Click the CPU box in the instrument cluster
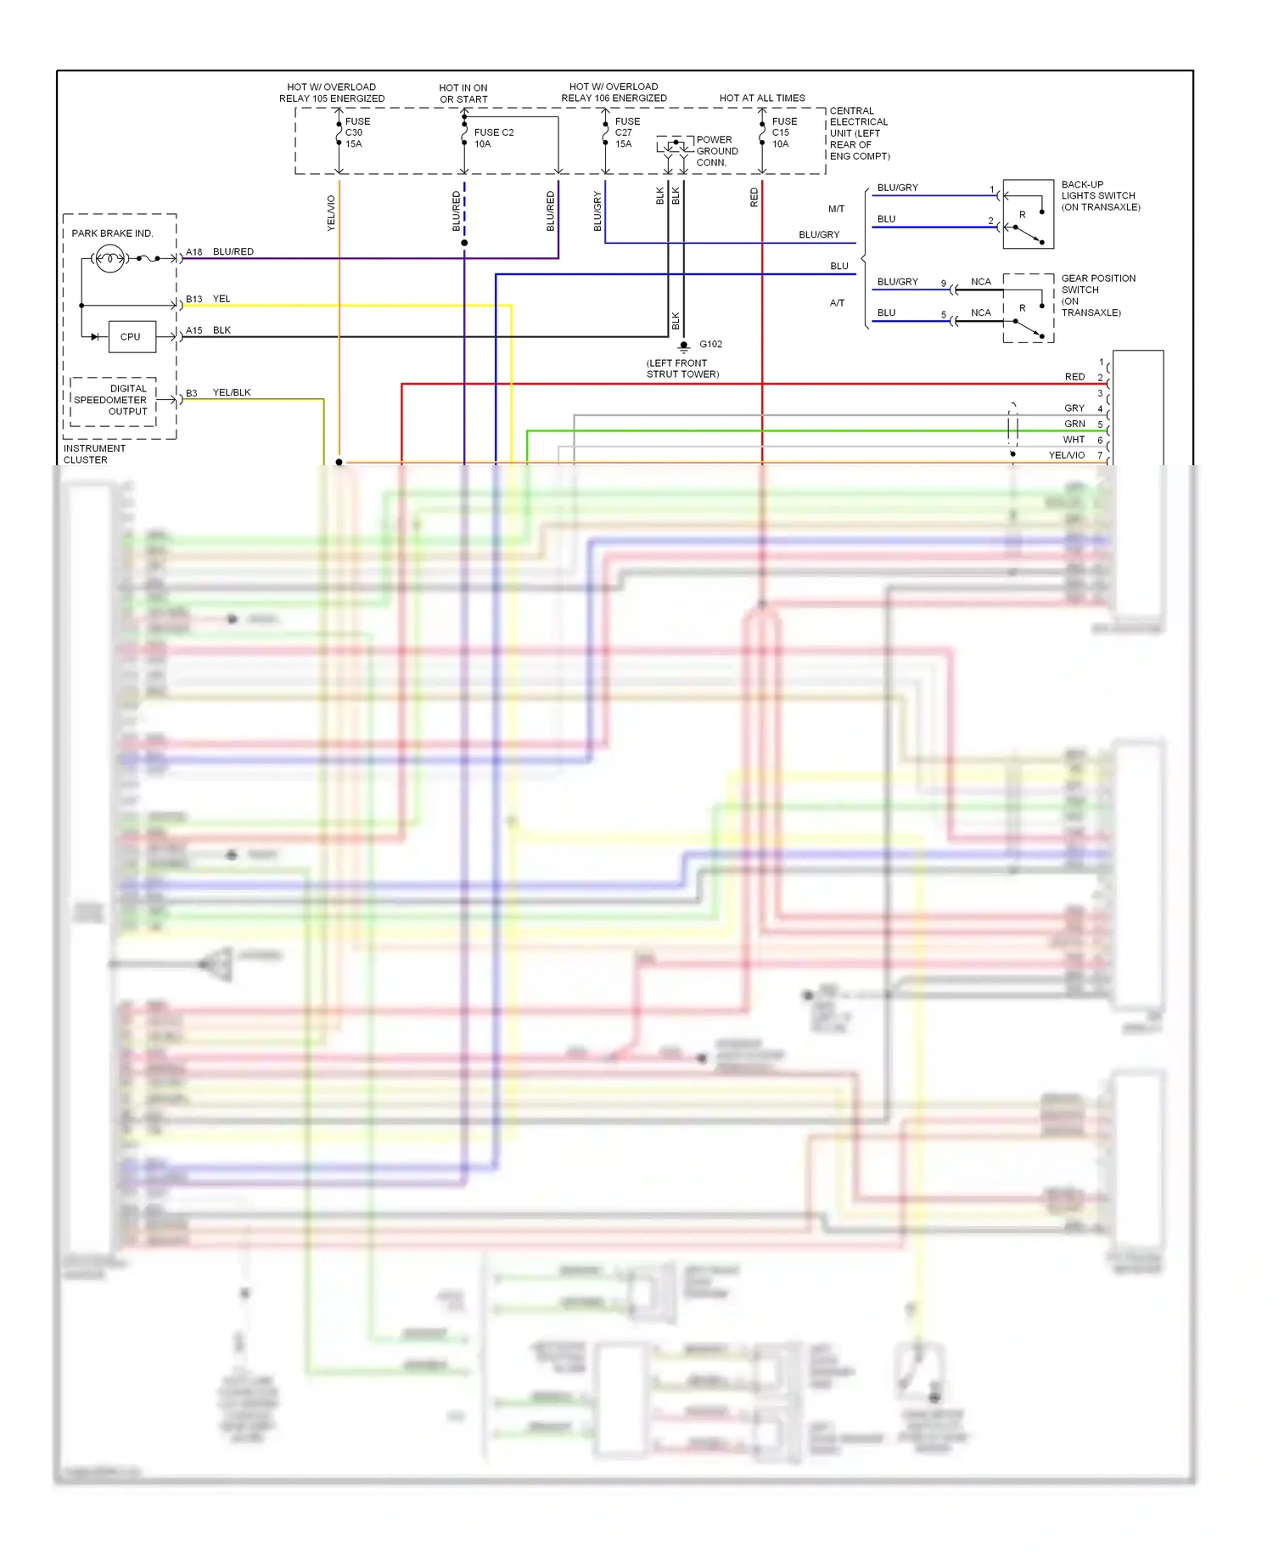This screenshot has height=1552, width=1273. coord(132,337)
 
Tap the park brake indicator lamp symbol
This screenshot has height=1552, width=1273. coord(109,258)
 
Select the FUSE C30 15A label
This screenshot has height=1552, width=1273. coord(356,132)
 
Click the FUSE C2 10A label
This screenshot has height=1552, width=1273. coord(493,138)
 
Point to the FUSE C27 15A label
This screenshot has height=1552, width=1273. coord(626,132)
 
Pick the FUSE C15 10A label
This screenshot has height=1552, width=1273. coord(783,132)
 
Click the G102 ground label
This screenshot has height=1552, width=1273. coord(710,344)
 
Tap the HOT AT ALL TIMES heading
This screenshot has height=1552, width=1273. coord(762,98)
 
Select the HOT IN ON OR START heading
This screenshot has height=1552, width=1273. coord(463,93)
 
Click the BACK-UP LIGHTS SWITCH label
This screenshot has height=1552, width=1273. coord(1099,195)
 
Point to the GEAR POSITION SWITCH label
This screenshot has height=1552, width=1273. coord(1096,295)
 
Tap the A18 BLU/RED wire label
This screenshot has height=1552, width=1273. coord(221,252)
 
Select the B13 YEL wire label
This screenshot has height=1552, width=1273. coord(209,299)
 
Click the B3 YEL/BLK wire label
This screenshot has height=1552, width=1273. coord(219,392)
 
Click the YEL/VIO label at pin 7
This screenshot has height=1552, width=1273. coord(1067,455)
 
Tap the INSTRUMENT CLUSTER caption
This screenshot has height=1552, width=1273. coord(93,453)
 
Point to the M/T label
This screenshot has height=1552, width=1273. coord(836,209)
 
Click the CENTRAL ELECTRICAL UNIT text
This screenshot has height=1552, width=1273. coord(859,133)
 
